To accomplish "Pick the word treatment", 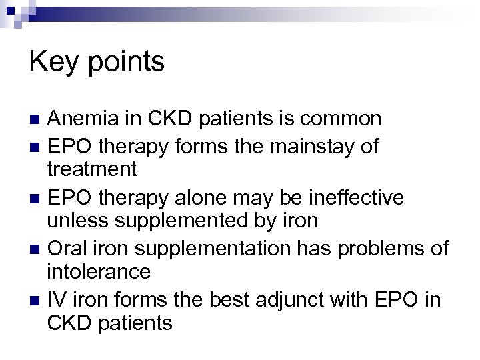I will (x=93, y=169).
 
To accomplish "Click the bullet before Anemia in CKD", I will (x=35, y=120).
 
